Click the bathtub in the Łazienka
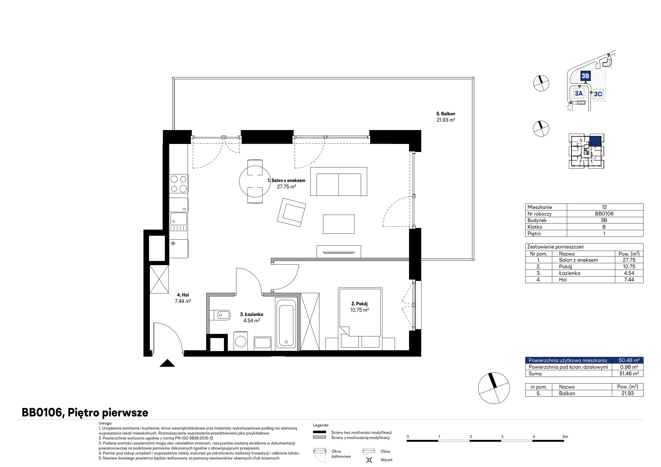286,324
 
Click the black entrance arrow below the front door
167,363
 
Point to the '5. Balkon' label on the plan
446,114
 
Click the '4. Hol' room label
183,295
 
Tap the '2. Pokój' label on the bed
360,304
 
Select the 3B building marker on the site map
585,76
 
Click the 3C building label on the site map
598,94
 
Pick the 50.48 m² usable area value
629,360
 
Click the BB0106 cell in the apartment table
604,214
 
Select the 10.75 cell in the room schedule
629,267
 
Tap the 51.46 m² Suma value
629,374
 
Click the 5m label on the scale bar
565,436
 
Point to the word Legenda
321,425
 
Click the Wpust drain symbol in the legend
369,460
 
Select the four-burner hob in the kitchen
178,184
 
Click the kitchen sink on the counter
178,219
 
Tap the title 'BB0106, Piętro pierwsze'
85,413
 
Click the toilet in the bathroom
220,315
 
